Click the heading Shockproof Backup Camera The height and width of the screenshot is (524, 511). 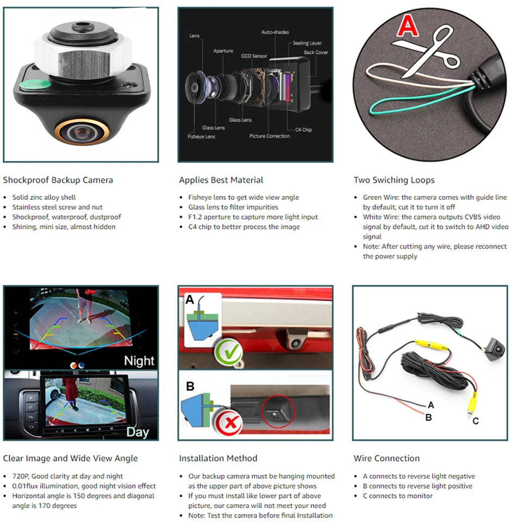(58, 180)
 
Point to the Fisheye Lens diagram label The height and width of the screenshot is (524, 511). (201, 136)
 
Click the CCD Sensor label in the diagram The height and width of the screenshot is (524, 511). (253, 55)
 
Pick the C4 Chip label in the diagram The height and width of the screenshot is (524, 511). (303, 130)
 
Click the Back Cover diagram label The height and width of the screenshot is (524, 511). (316, 52)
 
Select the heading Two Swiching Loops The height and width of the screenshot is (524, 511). (394, 180)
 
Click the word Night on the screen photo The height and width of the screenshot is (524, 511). (139, 361)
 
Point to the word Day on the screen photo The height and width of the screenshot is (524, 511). (137, 432)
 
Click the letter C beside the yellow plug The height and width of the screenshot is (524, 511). (476, 421)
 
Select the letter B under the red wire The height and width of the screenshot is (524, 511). (428, 418)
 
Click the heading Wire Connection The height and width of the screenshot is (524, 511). (387, 458)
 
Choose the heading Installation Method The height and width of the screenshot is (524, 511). (218, 458)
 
